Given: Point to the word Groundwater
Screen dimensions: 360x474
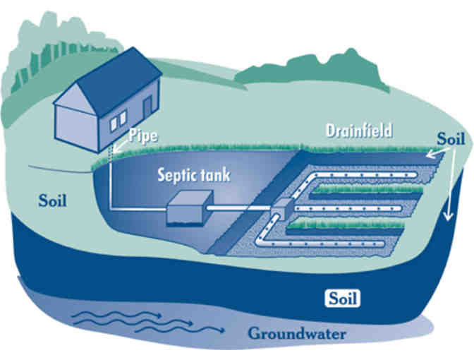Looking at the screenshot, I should (296, 333).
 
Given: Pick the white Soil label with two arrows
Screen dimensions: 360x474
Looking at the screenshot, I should (451, 138).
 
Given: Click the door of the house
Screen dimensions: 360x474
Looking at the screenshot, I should (147, 109).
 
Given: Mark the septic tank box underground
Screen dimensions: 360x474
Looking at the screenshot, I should (188, 210).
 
